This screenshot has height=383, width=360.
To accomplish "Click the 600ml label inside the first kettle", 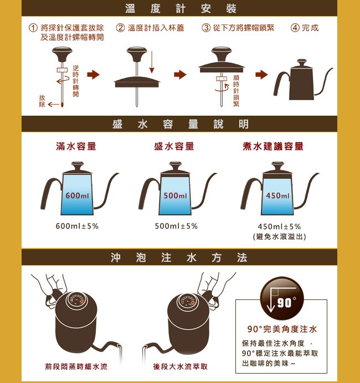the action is [x=77, y=195].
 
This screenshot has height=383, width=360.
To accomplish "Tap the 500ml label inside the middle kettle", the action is [x=175, y=195].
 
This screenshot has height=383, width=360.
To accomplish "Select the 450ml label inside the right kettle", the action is [x=277, y=195].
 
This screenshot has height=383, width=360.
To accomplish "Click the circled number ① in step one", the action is [x=33, y=28].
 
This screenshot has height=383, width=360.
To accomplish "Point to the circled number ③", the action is [x=206, y=28].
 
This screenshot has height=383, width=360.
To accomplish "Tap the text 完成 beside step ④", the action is [x=310, y=28].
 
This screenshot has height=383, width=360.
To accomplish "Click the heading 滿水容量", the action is [x=76, y=146].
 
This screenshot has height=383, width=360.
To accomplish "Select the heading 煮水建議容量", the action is [x=273, y=146].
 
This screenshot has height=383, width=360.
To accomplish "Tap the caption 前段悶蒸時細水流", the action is [x=76, y=366].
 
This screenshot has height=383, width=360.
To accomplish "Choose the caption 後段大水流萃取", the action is [x=180, y=366].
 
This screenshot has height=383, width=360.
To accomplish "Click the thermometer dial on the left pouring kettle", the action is [x=77, y=300].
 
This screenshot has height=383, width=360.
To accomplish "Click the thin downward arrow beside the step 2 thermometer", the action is [x=152, y=62].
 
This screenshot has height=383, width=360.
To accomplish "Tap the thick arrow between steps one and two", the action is [x=94, y=75].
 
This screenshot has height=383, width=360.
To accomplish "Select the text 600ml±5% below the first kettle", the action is [x=77, y=226].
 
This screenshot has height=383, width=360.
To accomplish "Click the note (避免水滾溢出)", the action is [x=279, y=236].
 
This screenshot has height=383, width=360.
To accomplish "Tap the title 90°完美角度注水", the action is [x=282, y=329].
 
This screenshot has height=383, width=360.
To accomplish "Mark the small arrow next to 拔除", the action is [x=54, y=105].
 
